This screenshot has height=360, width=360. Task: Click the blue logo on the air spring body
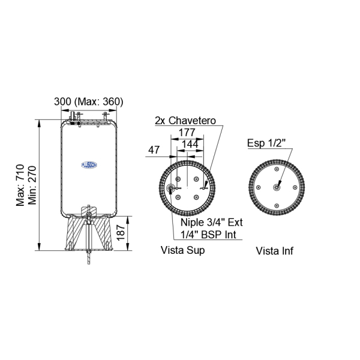click(89, 165)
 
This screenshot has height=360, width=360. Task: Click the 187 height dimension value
click(121, 233)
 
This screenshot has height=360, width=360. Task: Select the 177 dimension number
click(187, 133)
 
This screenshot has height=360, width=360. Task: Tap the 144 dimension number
click(190, 144)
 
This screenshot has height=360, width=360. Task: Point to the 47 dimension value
click(154, 150)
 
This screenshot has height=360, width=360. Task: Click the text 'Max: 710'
click(20, 185)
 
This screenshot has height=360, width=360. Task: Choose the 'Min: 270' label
click(32, 185)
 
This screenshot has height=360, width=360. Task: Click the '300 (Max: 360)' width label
click(89, 102)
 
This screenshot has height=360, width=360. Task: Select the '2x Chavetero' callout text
click(185, 121)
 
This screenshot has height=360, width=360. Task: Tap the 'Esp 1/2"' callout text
click(266, 143)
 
